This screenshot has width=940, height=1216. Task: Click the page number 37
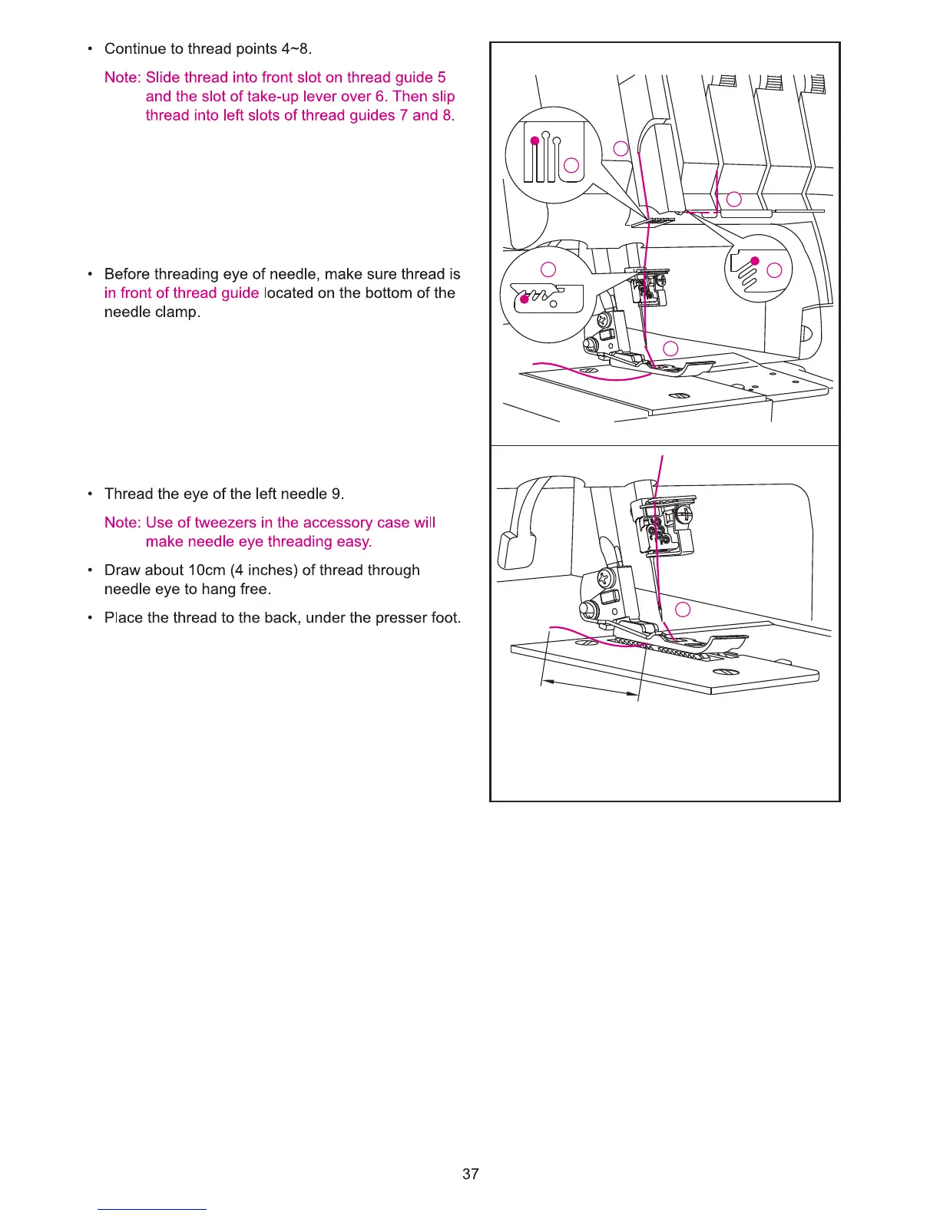pyautogui.click(x=471, y=1174)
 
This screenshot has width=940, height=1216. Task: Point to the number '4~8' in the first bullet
pyautogui.click(x=294, y=49)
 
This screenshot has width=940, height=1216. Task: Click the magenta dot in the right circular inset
pyautogui.click(x=755, y=261)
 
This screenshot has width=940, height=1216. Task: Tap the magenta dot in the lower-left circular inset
pyautogui.click(x=525, y=299)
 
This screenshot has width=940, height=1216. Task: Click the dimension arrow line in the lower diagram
pyautogui.click(x=590, y=688)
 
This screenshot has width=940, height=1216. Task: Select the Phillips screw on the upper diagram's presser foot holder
pyautogui.click(x=605, y=316)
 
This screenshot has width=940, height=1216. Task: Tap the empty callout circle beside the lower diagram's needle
pyautogui.click(x=682, y=610)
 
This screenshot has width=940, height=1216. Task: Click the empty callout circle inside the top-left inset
pyautogui.click(x=571, y=165)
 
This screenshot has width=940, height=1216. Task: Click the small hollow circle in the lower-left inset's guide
pyautogui.click(x=554, y=304)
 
